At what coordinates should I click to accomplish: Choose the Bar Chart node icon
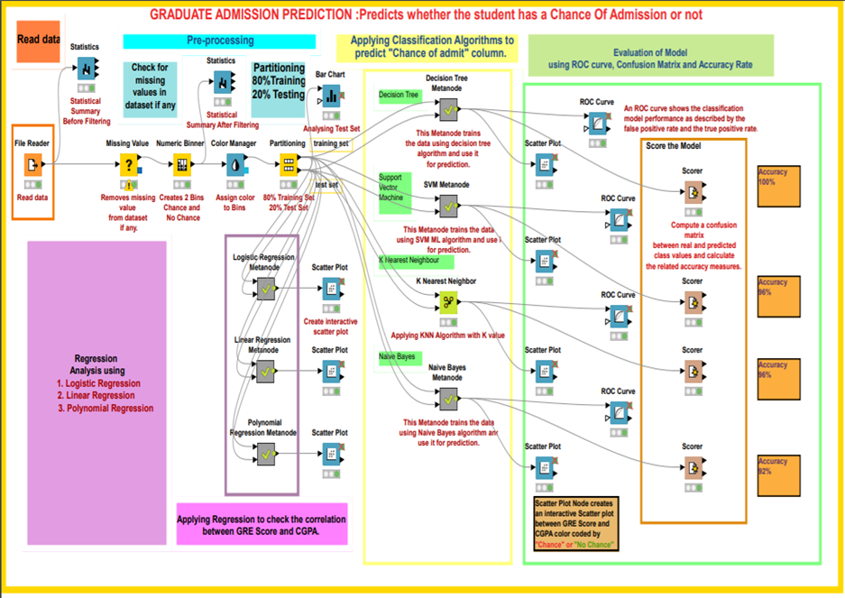click(x=331, y=95)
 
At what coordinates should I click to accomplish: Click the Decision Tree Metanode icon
click(x=447, y=109)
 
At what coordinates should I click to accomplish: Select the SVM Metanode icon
click(x=447, y=206)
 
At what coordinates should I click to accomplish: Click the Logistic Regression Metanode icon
click(x=265, y=289)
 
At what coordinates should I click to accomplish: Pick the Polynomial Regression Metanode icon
click(x=265, y=455)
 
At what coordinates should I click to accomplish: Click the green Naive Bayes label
click(x=398, y=357)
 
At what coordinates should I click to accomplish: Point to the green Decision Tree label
click(x=400, y=95)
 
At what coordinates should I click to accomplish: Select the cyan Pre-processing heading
click(x=219, y=41)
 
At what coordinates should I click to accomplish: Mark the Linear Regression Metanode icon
click(x=265, y=371)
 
